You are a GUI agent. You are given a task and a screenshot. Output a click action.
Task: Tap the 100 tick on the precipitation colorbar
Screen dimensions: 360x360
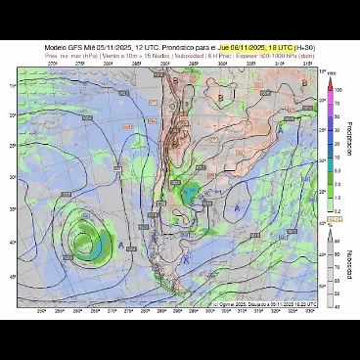coord(338,90)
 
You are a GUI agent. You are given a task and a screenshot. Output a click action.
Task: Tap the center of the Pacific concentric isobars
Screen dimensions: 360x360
coord(84,238)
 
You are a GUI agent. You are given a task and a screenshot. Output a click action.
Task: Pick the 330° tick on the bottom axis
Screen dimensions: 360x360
coord(322,313)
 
